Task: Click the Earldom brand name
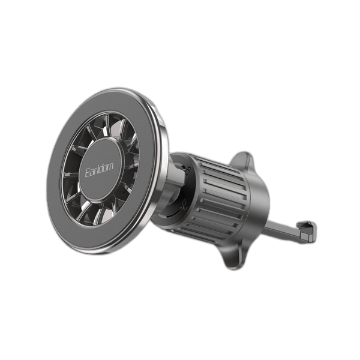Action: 99,170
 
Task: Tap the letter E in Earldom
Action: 88,173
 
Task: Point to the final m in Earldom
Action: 110,167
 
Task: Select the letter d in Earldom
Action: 102,168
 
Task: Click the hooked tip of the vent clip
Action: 308,232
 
